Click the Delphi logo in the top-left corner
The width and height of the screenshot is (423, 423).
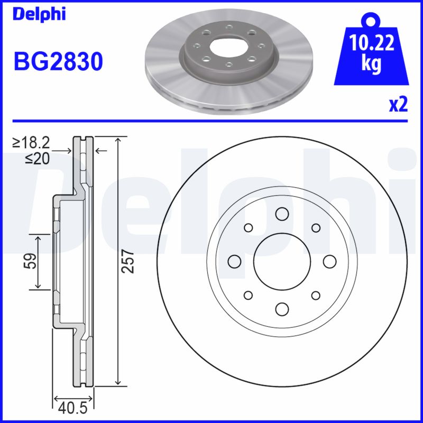pos(39,14)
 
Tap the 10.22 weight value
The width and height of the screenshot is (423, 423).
pos(371,43)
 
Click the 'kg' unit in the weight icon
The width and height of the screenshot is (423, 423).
pos(371,64)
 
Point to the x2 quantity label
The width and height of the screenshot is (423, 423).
pos(398,105)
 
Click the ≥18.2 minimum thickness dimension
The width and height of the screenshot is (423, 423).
pos(31,142)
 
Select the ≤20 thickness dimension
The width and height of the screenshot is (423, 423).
pos(37,158)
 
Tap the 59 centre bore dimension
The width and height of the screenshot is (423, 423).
pos(32,261)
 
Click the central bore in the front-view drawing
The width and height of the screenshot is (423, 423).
pos(281,261)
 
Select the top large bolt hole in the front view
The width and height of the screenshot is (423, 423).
pos(281,214)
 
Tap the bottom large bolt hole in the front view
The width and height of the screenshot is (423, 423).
pos(281,309)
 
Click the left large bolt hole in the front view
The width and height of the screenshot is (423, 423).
pos(234,261)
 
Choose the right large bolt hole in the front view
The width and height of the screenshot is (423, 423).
pos(329,261)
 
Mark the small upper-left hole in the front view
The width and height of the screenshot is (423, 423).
pos(247,228)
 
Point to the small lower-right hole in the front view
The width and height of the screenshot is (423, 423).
pos(316,295)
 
